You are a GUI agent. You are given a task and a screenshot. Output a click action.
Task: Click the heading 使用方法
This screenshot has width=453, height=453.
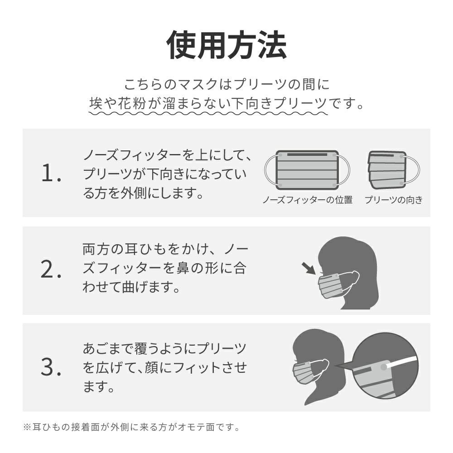click(226, 45)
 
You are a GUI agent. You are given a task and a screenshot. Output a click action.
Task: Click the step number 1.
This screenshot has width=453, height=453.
click(51, 173)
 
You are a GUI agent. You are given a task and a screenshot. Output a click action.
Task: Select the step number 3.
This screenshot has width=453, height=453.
click(51, 367)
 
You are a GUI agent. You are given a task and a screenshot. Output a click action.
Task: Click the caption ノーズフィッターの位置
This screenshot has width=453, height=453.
click(308, 200)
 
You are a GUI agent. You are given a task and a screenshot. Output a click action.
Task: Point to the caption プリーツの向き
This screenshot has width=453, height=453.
click(394, 200)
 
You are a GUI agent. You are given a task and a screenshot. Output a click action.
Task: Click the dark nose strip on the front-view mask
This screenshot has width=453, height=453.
click(307, 155)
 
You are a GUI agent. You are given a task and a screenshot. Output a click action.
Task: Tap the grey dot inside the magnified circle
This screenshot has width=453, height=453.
click(383, 367)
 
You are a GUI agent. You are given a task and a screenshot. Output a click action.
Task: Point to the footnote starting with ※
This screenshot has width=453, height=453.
click(131, 427)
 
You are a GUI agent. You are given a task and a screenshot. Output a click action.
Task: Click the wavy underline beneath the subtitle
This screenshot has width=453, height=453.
click(208, 113)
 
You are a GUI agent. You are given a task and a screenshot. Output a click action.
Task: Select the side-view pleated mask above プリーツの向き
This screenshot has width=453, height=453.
click(387, 170)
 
